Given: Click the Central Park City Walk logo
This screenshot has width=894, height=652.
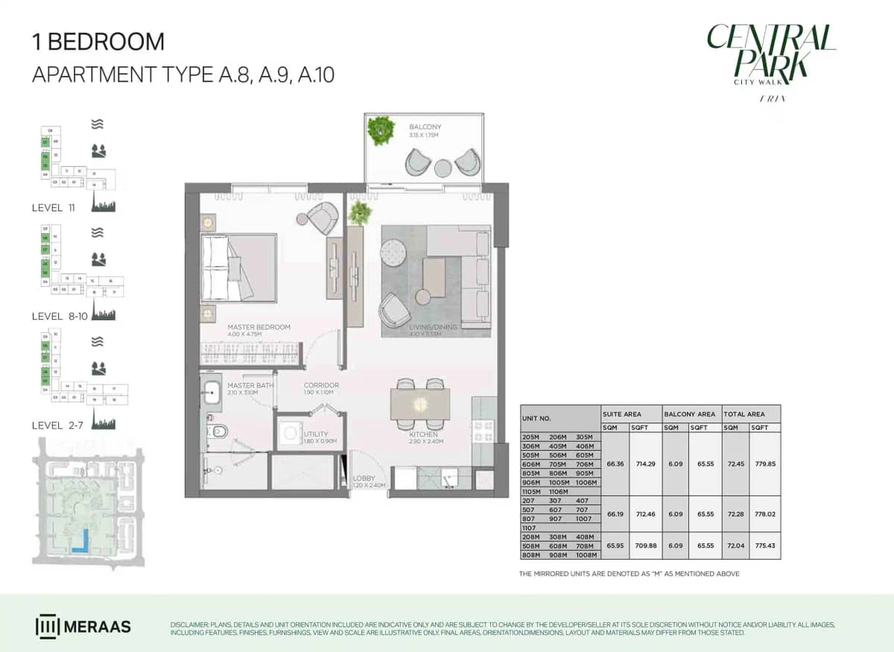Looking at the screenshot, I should (770, 60).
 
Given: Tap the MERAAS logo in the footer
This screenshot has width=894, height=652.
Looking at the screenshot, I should (83, 626).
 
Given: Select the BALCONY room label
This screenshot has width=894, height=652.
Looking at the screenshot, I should (425, 127).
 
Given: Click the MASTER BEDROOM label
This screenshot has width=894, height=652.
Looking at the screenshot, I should (259, 327).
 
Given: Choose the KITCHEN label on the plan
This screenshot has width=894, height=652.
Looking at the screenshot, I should (423, 434).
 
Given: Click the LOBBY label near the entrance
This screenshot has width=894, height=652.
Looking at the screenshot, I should (364, 478).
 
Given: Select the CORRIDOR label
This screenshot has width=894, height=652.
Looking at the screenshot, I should (321, 385).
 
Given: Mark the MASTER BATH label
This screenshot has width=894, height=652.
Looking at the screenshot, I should (250, 385).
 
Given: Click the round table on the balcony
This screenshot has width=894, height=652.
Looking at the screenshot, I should (443, 167).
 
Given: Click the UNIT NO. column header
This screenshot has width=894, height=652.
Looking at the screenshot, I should (536, 419).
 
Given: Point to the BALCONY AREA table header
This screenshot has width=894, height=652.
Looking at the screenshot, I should (689, 414).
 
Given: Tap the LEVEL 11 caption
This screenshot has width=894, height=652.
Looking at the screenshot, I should (57, 208).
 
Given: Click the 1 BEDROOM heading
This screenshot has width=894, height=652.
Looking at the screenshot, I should (98, 41).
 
